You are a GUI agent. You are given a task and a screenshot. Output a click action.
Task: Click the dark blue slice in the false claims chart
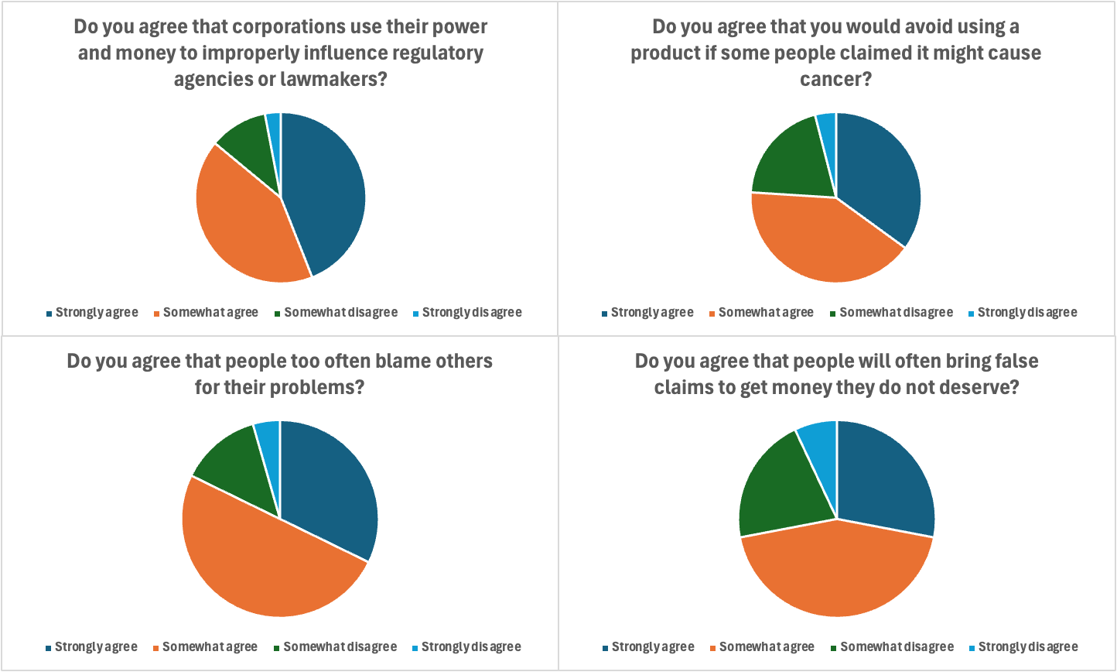(x=886, y=480)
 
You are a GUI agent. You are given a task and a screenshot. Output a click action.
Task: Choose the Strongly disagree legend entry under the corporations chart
(x=477, y=313)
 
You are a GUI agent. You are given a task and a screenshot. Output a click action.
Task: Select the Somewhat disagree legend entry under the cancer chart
(x=896, y=313)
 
